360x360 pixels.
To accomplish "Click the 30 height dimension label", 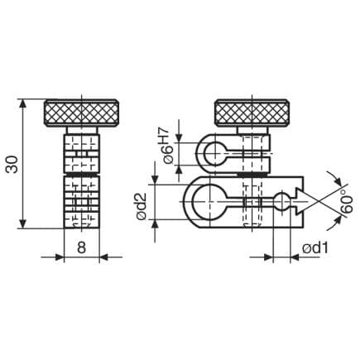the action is pyautogui.click(x=12, y=164).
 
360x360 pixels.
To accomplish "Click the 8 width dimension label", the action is pyautogui.click(x=81, y=247).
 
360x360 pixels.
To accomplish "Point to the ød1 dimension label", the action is pyautogui.click(x=315, y=248).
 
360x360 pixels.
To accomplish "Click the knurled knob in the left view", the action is pyautogui.click(x=82, y=113).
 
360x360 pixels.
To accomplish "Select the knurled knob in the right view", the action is pyautogui.click(x=252, y=113).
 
